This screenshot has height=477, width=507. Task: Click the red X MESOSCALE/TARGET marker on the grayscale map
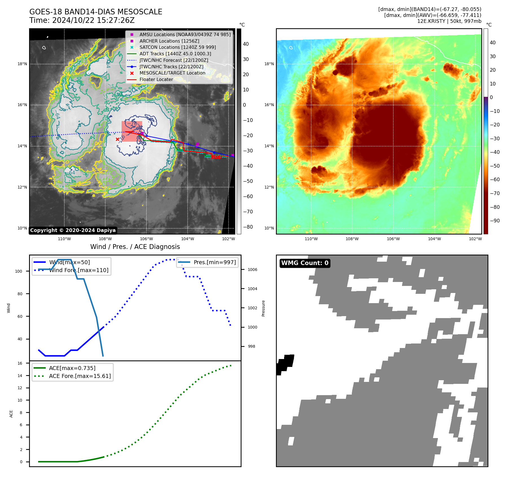tap(117, 139)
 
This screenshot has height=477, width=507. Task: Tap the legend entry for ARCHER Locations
tap(169, 41)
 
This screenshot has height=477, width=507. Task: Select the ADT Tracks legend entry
tap(175, 54)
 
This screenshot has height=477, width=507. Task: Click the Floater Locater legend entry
tap(156, 79)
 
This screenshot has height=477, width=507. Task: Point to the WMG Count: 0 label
tap(305, 263)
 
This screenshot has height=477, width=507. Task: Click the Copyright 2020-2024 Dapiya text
tap(73, 230)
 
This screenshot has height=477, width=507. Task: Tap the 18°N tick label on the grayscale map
tap(22, 64)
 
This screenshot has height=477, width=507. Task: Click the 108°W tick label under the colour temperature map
tap(352, 239)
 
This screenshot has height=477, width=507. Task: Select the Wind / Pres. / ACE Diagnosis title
tap(135, 247)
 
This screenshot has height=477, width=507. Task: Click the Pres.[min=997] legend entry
tap(214, 262)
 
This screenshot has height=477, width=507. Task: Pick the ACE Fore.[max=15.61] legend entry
tap(80, 376)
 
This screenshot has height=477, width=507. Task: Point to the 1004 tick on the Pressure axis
tap(252, 289)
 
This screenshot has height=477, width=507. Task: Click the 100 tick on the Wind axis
tap(19, 271)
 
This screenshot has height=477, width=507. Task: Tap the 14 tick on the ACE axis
tap(20, 376)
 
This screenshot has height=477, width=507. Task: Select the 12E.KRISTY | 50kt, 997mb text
tap(449, 21)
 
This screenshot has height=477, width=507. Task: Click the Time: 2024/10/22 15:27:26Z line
tap(82, 20)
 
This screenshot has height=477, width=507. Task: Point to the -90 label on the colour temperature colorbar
tap(495, 221)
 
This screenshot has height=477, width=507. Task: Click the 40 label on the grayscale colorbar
tap(246, 44)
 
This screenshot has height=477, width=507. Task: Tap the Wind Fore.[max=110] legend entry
tap(79, 270)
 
